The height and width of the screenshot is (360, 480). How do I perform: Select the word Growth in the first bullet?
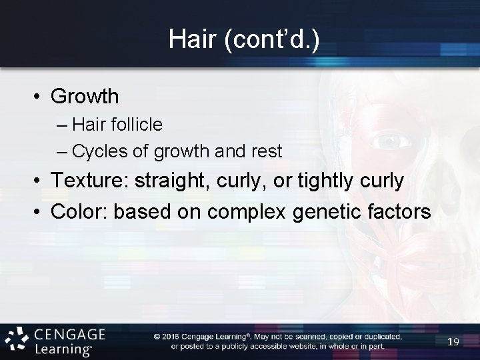(85, 97)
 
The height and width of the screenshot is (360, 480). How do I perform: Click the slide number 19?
(453, 341)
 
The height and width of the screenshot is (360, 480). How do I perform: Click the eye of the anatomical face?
(389, 142)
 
